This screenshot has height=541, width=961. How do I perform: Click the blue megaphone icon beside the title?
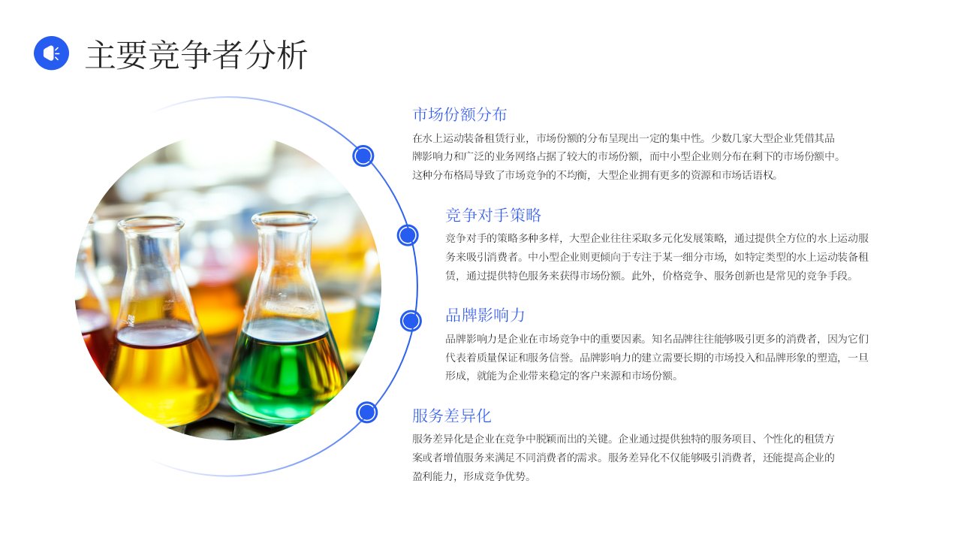pos(52,53)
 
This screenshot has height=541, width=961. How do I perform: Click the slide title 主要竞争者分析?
pos(197,55)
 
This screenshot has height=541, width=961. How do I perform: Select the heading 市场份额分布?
pos(459,114)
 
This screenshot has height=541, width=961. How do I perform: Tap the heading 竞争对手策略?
pos(493,215)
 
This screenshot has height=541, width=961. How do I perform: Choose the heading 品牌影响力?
pos(485,315)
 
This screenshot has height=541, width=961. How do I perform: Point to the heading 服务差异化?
pos(451,416)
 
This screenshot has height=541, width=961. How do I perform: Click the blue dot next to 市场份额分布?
pos(363,156)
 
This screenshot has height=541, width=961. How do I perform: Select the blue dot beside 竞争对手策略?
pos(408,235)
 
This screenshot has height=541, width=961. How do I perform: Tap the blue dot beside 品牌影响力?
pos(411,321)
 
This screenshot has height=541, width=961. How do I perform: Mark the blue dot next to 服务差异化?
pos(366,413)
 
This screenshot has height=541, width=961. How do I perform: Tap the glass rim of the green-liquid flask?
pos(284,219)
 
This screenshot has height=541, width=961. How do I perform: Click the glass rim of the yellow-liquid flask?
pos(151,223)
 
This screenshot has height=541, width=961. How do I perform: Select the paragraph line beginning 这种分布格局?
pos(595,175)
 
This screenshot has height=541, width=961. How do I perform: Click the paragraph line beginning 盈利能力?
pos(471,476)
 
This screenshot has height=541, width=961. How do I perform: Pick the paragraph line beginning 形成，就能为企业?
pos(562,376)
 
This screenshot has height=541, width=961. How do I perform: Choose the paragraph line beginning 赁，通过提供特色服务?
pos(649,275)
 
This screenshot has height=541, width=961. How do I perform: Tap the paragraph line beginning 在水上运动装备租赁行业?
pos(623,138)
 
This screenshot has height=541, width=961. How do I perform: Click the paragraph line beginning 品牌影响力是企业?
pos(657,339)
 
